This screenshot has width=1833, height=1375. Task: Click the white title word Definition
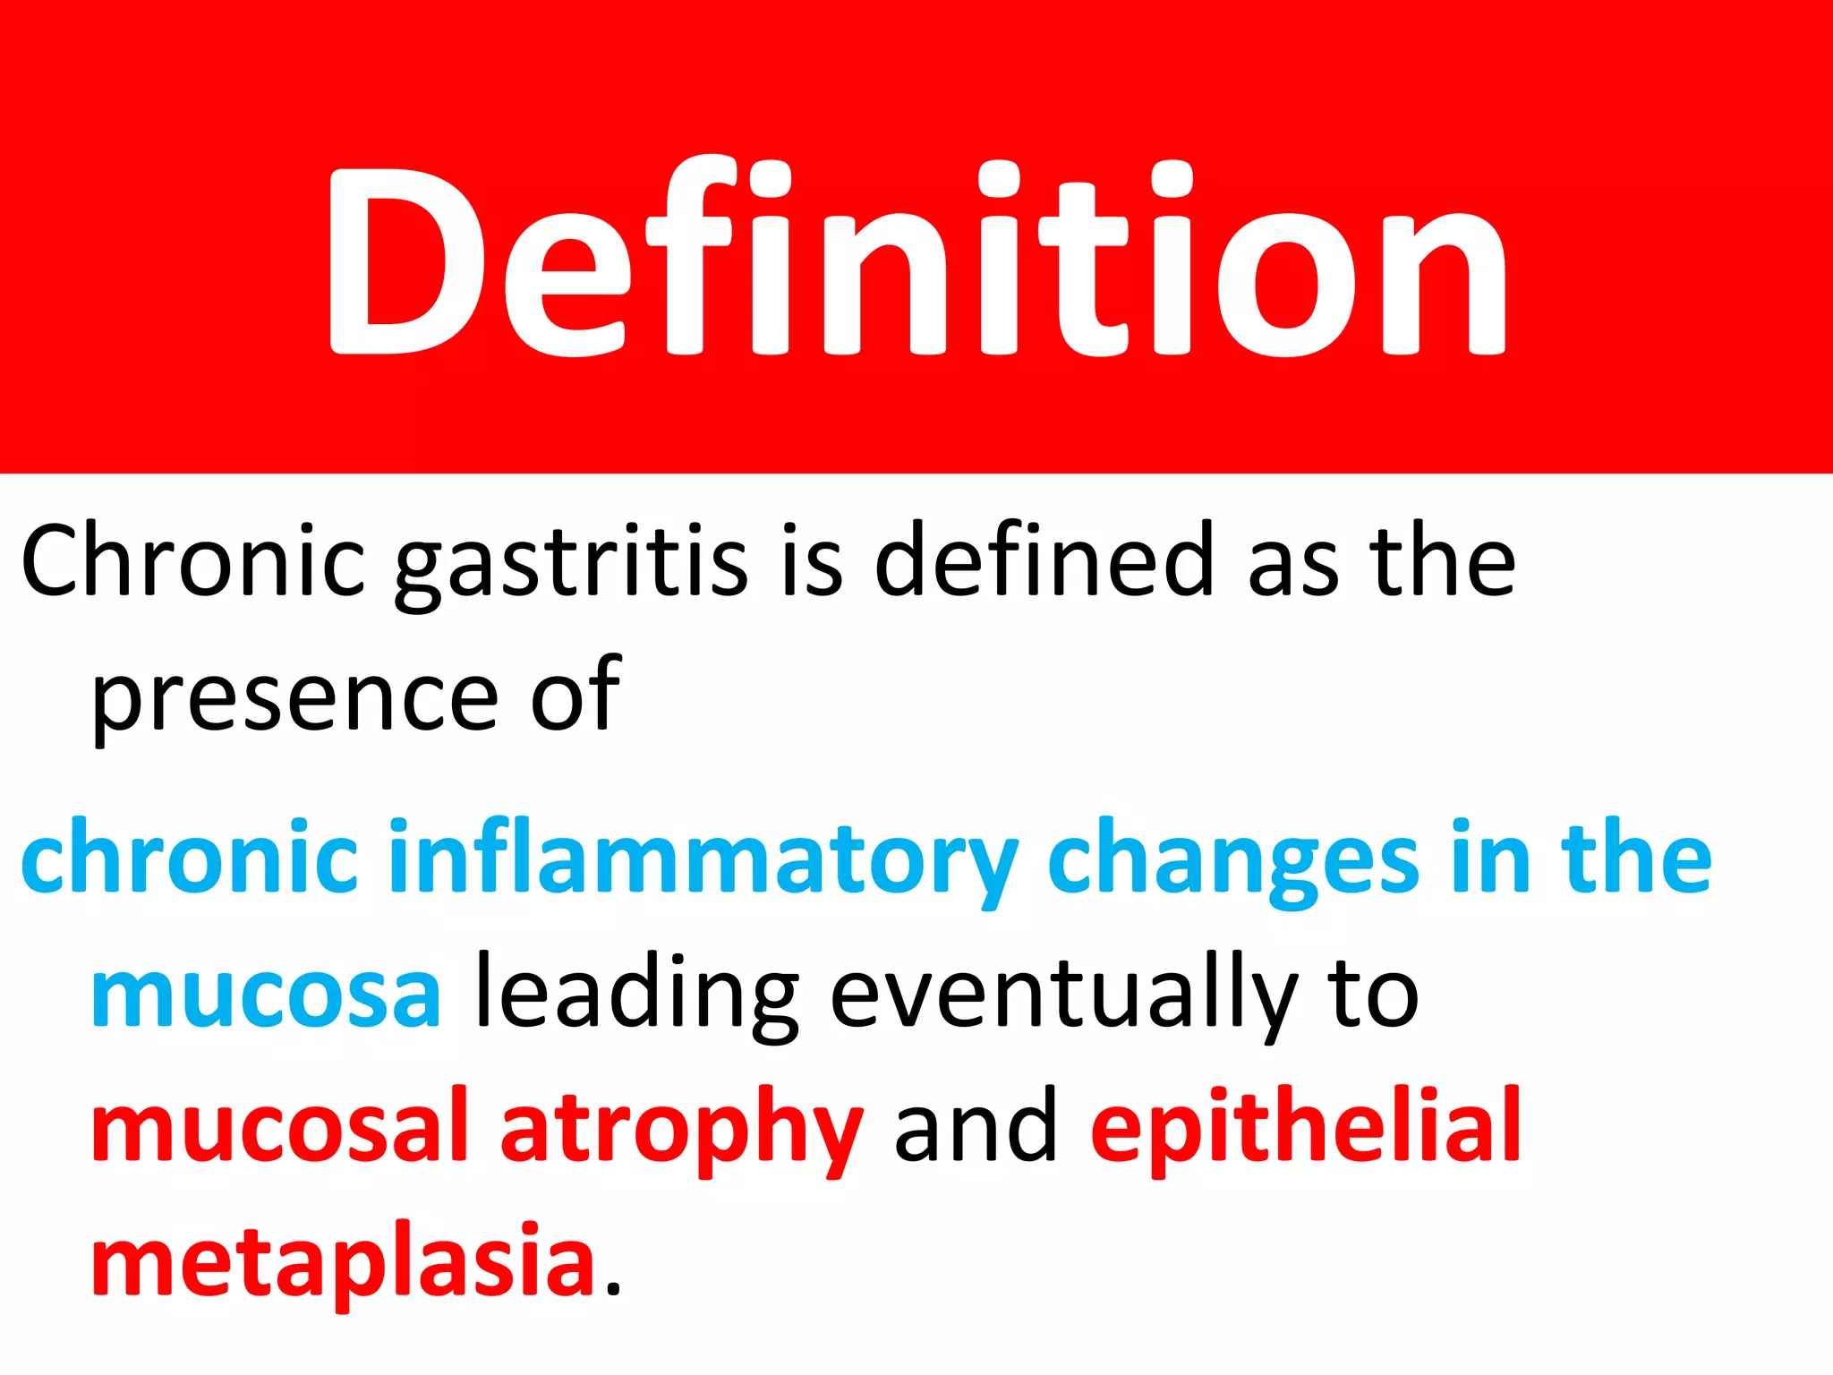pyautogui.click(x=916, y=260)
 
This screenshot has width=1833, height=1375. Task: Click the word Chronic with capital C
pyautogui.click(x=192, y=562)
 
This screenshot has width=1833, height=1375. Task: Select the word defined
pyautogui.click(x=1043, y=560)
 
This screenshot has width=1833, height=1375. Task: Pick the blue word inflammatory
pyautogui.click(x=703, y=859)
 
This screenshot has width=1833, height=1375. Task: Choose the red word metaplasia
pyautogui.click(x=344, y=1262)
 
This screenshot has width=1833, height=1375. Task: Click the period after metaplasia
pyautogui.click(x=612, y=1289)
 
